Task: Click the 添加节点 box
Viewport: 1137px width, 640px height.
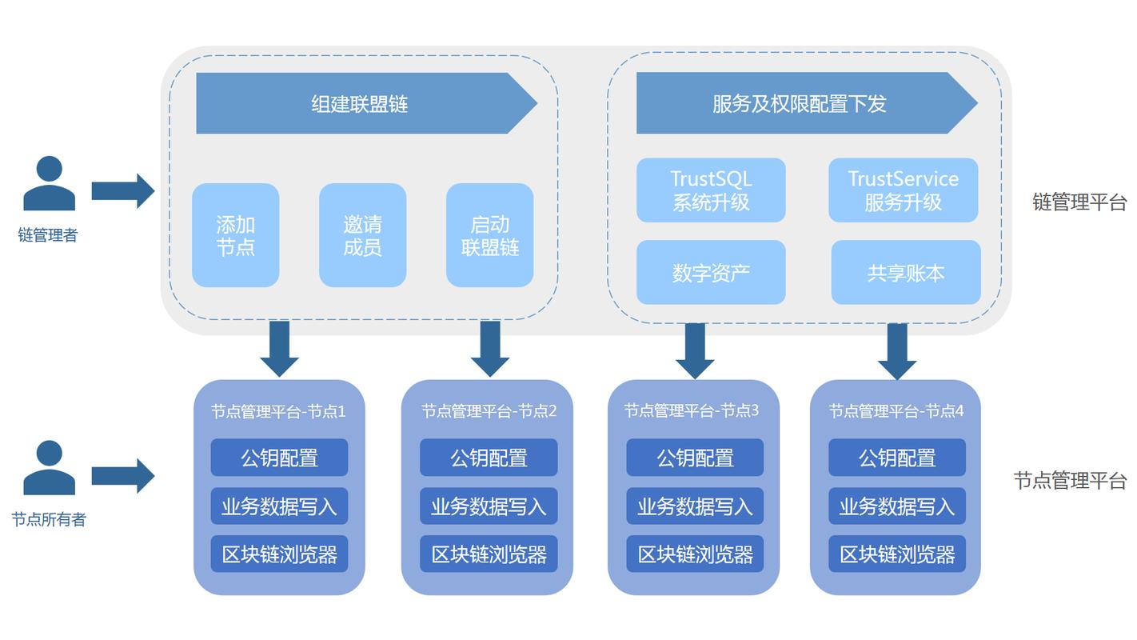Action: click(235, 235)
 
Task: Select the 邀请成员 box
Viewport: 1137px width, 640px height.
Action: click(362, 235)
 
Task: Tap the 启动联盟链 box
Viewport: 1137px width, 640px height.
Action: click(489, 235)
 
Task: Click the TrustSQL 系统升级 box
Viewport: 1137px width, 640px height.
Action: click(711, 190)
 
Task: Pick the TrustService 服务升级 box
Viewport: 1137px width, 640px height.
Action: click(903, 190)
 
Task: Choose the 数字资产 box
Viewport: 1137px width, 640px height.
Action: click(711, 273)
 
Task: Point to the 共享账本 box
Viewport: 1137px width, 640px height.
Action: click(906, 273)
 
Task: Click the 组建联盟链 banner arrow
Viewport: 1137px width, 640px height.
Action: click(360, 103)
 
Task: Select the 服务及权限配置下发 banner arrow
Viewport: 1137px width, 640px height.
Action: click(800, 103)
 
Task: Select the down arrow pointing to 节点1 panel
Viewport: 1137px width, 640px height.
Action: click(279, 348)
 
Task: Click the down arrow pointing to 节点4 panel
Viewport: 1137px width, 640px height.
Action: click(897, 350)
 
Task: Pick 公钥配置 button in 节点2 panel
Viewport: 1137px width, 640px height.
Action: click(489, 458)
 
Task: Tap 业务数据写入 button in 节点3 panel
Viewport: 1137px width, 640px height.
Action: click(695, 506)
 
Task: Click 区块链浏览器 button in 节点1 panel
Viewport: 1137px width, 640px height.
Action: click(279, 554)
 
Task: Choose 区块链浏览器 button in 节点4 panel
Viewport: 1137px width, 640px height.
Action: click(897, 554)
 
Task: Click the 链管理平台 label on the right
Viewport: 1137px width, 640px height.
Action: click(1079, 202)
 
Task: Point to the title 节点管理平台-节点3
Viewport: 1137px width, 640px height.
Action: click(692, 411)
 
